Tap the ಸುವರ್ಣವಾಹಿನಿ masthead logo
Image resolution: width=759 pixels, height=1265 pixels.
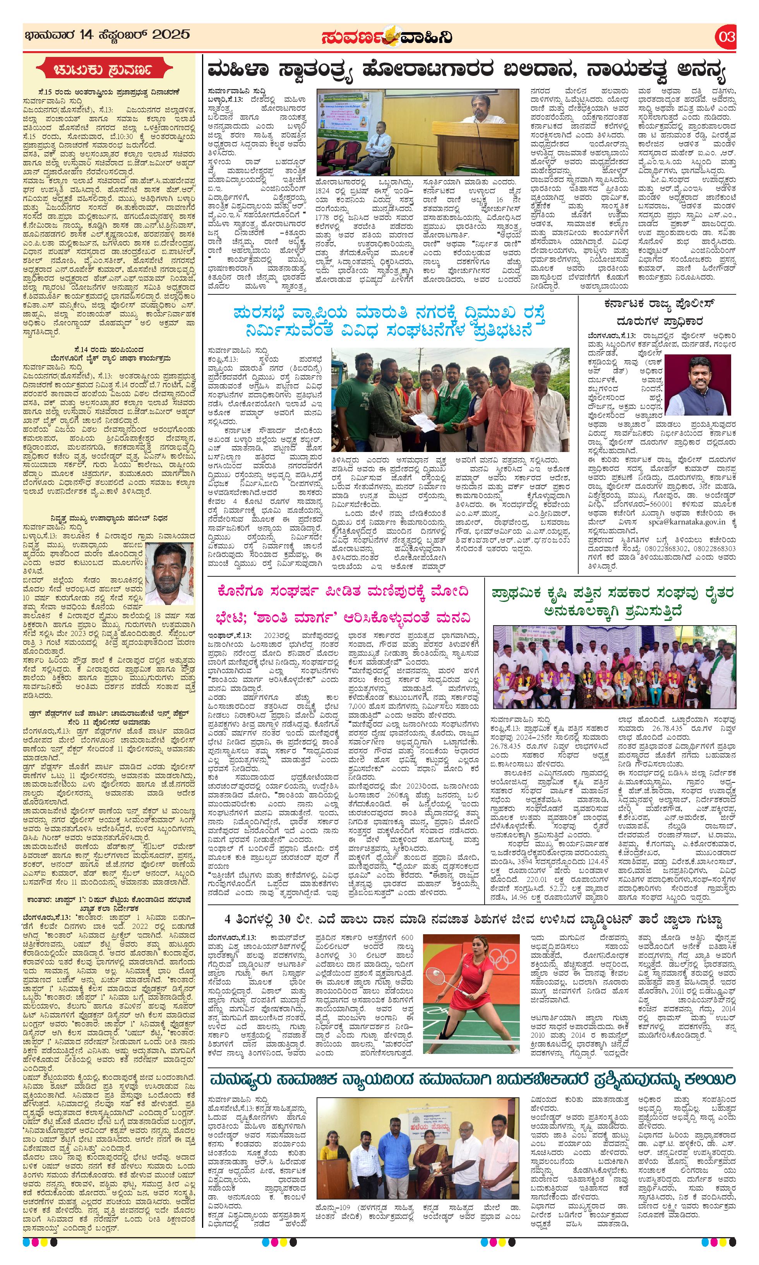(387, 37)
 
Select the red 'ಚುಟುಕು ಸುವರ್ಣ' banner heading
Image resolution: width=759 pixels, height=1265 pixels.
(110, 69)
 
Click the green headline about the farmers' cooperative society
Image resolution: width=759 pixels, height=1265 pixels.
(612, 601)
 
